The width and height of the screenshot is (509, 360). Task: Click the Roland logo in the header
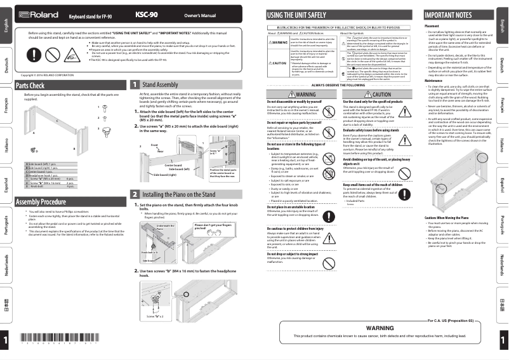coord(34,14)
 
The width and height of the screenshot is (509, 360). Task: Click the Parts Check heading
coord(30,85)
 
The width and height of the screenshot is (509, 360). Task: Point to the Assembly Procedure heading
coord(41,202)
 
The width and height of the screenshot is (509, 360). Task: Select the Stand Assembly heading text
coord(160,84)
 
